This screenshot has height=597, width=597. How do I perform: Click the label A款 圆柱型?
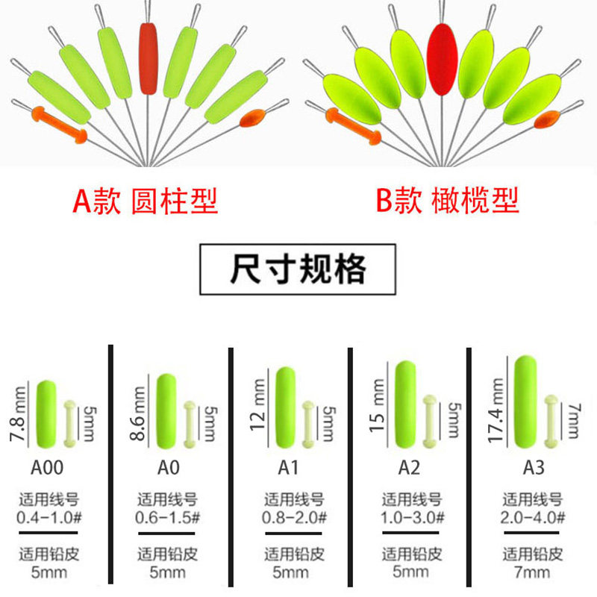145,201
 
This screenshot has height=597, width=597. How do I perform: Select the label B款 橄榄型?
447,201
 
